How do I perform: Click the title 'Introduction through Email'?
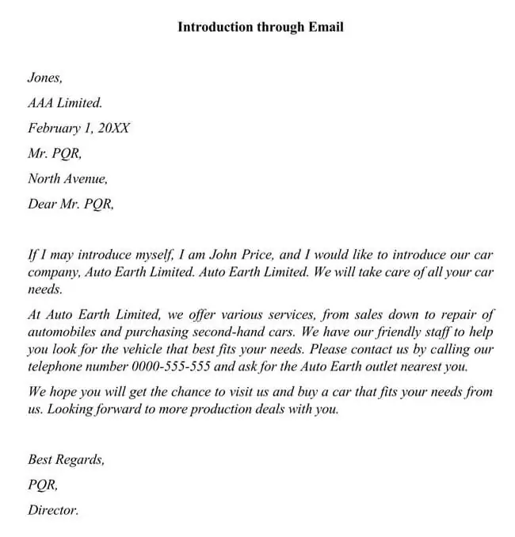pyautogui.click(x=260, y=27)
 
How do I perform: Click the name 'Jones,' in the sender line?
pyautogui.click(x=44, y=78)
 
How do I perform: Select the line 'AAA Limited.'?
pyautogui.click(x=65, y=102)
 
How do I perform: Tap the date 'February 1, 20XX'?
pyautogui.click(x=78, y=128)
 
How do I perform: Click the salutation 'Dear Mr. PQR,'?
pyautogui.click(x=71, y=204)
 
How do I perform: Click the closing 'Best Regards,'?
pyautogui.click(x=67, y=459)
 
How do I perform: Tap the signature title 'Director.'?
pyautogui.click(x=53, y=510)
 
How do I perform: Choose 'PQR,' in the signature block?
pyautogui.click(x=43, y=485)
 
